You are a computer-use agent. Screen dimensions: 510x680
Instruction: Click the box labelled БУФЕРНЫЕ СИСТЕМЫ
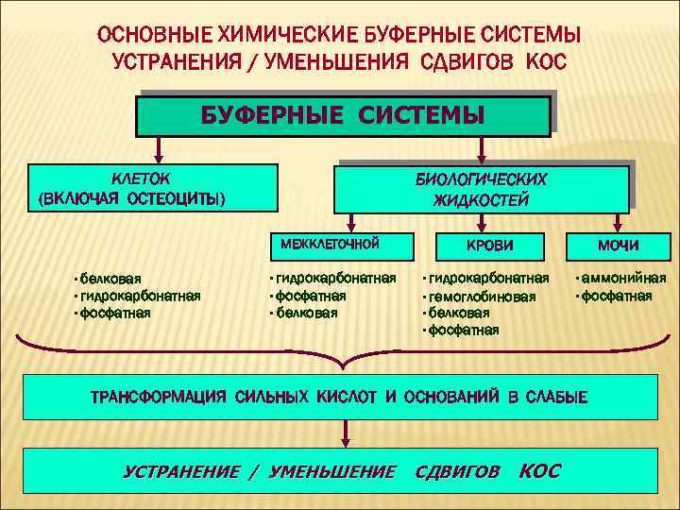click(343, 114)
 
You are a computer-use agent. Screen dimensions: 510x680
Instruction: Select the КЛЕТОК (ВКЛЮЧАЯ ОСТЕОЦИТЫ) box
click(154, 187)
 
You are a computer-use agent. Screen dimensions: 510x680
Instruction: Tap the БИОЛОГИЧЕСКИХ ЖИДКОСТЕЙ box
click(481, 189)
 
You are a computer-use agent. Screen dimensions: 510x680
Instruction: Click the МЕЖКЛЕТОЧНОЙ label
click(330, 244)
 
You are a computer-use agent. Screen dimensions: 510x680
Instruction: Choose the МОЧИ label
click(617, 246)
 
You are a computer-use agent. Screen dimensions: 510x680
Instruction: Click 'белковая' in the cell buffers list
click(110, 279)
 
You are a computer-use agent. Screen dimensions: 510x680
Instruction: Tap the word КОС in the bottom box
click(540, 470)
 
